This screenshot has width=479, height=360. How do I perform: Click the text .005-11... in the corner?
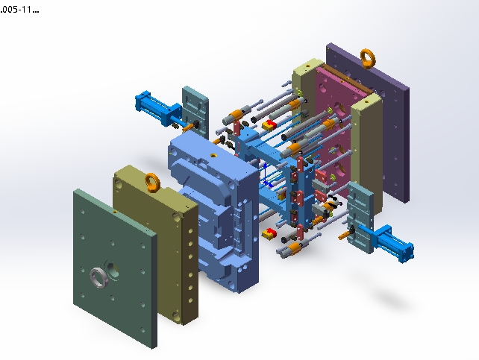click(x=19, y=10)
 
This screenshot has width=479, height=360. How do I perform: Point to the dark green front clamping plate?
click(x=115, y=268)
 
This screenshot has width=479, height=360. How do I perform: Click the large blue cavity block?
click(x=214, y=210)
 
